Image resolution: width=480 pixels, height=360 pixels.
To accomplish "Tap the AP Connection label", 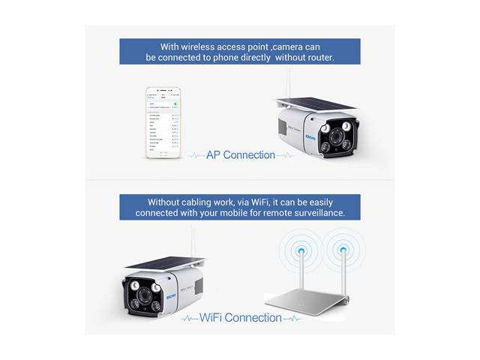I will (x=241, y=155).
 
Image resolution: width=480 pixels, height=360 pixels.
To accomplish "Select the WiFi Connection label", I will (x=241, y=317).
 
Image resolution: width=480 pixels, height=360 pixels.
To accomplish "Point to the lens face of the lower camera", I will (x=143, y=295).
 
